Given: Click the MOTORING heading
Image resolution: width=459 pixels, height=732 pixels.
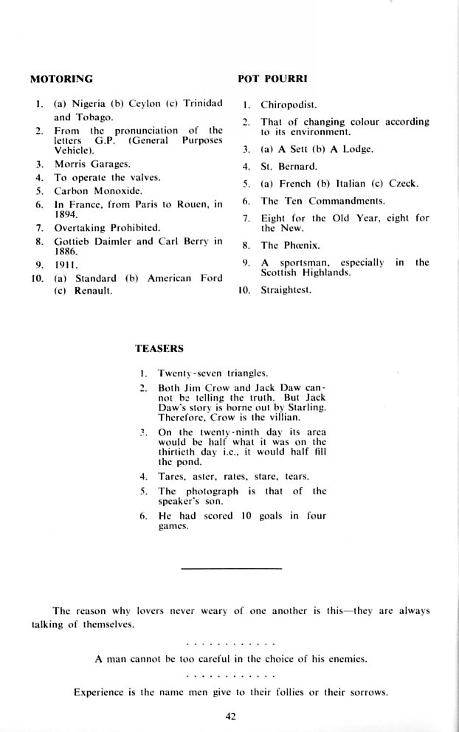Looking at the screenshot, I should pyautogui.click(x=61, y=78).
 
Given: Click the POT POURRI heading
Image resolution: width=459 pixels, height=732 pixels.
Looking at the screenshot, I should pyautogui.click(x=272, y=78).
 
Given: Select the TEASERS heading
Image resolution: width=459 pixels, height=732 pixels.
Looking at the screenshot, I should pyautogui.click(x=159, y=348).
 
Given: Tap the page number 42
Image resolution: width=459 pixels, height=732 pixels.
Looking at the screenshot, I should pyautogui.click(x=229, y=715).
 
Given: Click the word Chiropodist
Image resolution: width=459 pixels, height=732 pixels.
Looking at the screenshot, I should pyautogui.click(x=289, y=105).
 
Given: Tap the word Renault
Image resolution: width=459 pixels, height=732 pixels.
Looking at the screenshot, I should pyautogui.click(x=94, y=291).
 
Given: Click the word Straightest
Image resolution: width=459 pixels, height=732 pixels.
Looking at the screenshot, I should pyautogui.click(x=286, y=291).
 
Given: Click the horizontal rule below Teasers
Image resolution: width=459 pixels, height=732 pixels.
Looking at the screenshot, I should pyautogui.click(x=231, y=568).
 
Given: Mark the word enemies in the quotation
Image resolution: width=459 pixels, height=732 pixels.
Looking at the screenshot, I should pyautogui.click(x=343, y=659).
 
